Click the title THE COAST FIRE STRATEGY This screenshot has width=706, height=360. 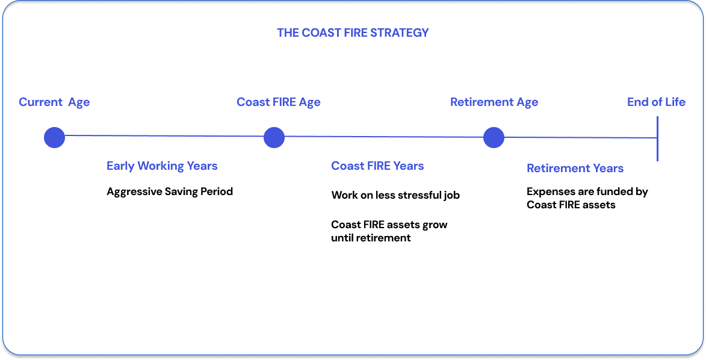353,33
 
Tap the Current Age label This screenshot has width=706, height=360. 54,102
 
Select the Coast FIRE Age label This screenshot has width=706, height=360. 278,102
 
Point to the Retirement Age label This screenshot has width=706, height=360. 494,102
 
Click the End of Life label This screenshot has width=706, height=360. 656,102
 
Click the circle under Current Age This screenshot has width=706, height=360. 55,137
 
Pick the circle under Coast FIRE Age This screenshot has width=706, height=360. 274,137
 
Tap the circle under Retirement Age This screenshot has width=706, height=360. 494,137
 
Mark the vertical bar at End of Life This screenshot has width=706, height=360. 657,139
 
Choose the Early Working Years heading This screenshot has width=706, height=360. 162,166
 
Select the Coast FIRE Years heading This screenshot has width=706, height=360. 377,166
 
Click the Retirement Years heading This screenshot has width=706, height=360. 575,168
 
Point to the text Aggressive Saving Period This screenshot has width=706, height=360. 170,191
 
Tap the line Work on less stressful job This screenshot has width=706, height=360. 395,195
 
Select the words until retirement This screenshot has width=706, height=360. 371,238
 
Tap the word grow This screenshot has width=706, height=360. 435,225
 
